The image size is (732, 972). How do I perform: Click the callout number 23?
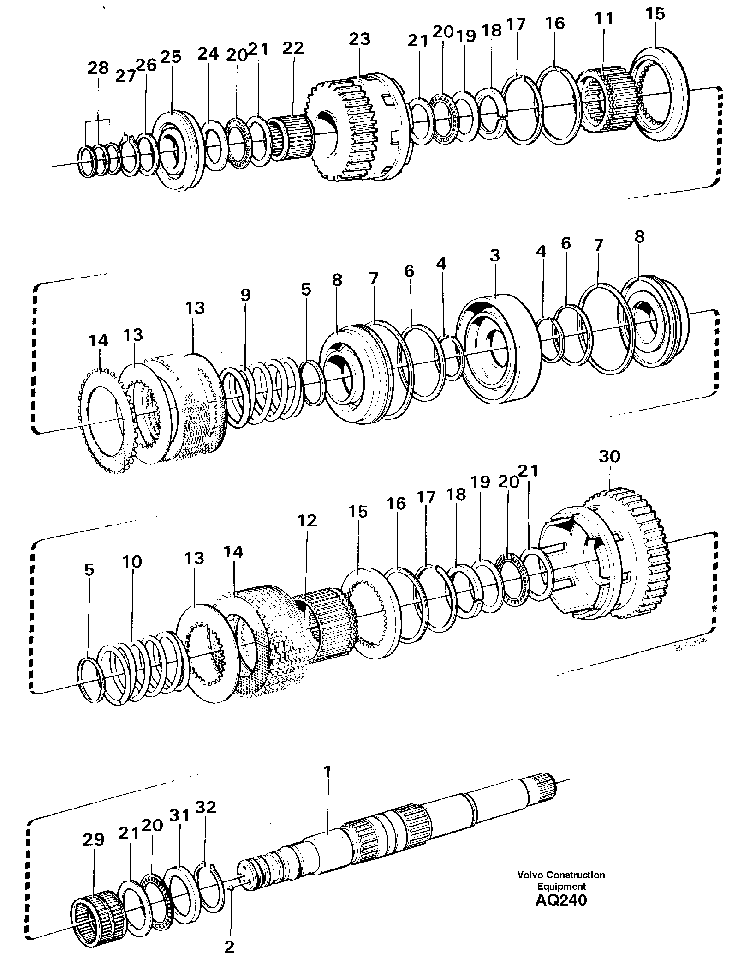(359, 39)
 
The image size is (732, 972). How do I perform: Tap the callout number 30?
(609, 457)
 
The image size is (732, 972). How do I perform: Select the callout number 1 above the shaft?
(327, 772)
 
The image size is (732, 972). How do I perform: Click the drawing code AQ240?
(561, 900)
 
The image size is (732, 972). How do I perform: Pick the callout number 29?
(94, 839)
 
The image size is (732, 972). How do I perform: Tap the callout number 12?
(307, 520)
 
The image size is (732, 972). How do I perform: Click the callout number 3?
(495, 256)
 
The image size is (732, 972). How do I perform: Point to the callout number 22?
(294, 48)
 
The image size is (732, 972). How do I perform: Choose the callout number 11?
(603, 19)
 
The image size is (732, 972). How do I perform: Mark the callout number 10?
(132, 562)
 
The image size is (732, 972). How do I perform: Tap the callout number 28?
(98, 68)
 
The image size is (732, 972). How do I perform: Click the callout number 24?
(208, 54)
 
